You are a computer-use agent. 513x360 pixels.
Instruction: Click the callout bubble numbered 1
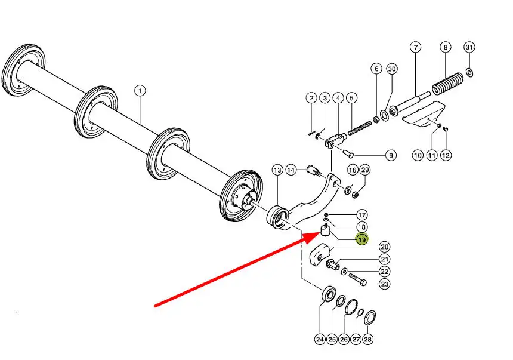click(x=140, y=91)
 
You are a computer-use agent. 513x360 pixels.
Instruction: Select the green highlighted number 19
click(x=362, y=240)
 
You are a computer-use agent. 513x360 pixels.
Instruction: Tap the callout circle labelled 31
click(x=469, y=47)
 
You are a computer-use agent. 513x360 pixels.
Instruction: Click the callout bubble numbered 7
click(x=416, y=47)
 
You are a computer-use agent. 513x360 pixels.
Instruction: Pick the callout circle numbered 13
click(x=277, y=170)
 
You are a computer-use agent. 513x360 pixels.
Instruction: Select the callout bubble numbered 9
click(x=390, y=155)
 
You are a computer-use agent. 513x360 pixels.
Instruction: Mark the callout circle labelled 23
click(x=385, y=284)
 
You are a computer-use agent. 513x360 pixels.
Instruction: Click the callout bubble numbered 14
click(x=292, y=170)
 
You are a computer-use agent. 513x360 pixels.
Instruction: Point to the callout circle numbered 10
click(x=418, y=155)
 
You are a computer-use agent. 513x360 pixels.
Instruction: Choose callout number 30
click(x=391, y=69)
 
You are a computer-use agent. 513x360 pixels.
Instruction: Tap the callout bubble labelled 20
click(x=385, y=247)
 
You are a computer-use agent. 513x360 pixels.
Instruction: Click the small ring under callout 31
click(x=469, y=73)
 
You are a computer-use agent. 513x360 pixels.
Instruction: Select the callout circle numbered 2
click(x=311, y=98)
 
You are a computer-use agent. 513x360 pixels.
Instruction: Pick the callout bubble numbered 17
click(x=362, y=215)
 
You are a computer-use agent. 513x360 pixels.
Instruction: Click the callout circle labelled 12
click(x=446, y=155)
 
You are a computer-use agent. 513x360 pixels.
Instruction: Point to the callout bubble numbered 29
click(x=365, y=170)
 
